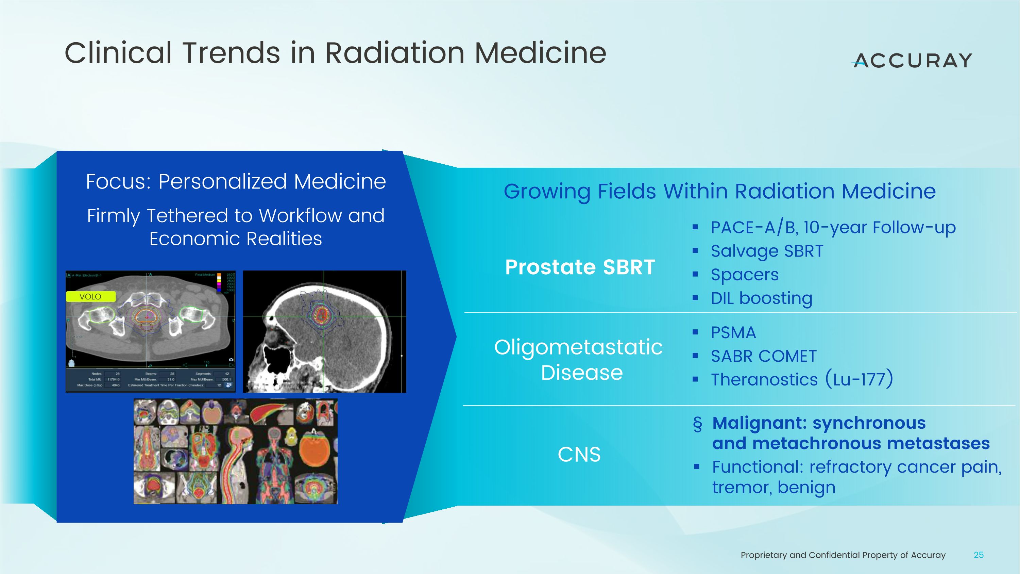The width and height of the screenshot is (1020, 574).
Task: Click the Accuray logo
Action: coord(912,61)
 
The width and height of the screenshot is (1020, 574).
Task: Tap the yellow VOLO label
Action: coord(90,297)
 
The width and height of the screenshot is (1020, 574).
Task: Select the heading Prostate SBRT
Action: coord(580,267)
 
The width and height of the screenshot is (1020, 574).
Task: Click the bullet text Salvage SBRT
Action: coord(767,251)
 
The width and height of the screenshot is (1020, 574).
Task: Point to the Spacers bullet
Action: coord(744,275)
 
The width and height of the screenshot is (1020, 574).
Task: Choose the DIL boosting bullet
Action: coord(761,298)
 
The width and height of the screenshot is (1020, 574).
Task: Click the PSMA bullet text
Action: coord(733,333)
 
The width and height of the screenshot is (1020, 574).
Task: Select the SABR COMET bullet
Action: coord(763,356)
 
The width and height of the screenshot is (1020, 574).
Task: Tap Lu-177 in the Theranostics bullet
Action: coord(859,379)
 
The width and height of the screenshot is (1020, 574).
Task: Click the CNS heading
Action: coord(579,454)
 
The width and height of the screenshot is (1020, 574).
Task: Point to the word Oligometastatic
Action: coord(578,347)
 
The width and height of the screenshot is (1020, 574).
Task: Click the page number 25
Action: coord(979,555)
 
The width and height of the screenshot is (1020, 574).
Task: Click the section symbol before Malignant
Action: coord(697,424)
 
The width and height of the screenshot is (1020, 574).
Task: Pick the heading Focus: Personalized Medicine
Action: coord(236,182)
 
